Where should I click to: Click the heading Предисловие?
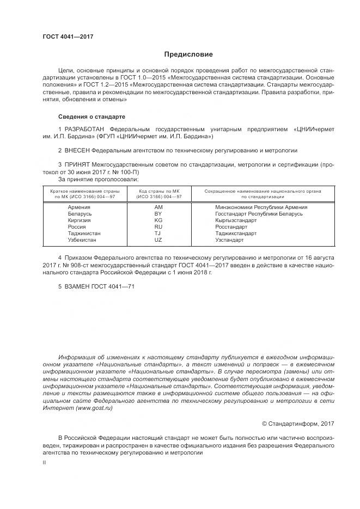(188, 54)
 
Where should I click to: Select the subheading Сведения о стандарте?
(91, 116)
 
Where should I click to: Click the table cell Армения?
(80, 207)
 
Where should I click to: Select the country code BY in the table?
(158, 214)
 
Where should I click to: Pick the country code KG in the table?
(158, 220)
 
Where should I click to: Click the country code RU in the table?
(158, 227)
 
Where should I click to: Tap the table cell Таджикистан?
(84, 233)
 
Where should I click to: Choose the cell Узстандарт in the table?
(229, 240)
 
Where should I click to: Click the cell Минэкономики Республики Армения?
(261, 207)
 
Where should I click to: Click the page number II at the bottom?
(44, 462)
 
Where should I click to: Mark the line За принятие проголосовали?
(98, 179)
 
